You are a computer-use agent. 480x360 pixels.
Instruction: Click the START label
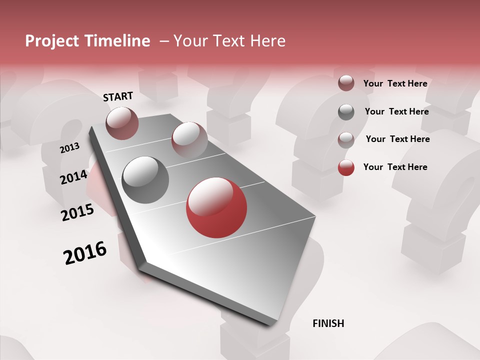coord(118,96)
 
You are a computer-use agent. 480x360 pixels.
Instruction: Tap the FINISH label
coord(328,323)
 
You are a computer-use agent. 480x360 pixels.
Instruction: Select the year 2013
coord(69,148)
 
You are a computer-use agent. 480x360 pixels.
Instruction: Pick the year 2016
coord(85,253)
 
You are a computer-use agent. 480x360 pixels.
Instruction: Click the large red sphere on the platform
coord(216,207)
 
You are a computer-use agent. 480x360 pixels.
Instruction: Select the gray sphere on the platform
coord(145,179)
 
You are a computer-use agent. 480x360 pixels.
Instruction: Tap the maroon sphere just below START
coord(122,123)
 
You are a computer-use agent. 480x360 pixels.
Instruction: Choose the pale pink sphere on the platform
coord(189,139)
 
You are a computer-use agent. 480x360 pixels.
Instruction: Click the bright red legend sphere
coord(346,167)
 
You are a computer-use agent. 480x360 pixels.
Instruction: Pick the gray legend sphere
coord(346,112)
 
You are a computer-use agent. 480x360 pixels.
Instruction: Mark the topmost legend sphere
coord(346,83)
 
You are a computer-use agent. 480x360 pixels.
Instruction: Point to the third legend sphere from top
coord(346,139)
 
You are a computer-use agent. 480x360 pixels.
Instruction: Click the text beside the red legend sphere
coord(395,167)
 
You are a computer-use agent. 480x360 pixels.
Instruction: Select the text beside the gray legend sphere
coord(396,111)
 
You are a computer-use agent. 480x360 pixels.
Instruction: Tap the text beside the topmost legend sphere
coord(395,83)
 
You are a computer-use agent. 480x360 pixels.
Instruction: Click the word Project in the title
coord(51,41)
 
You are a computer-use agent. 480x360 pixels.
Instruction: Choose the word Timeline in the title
coord(117,41)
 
